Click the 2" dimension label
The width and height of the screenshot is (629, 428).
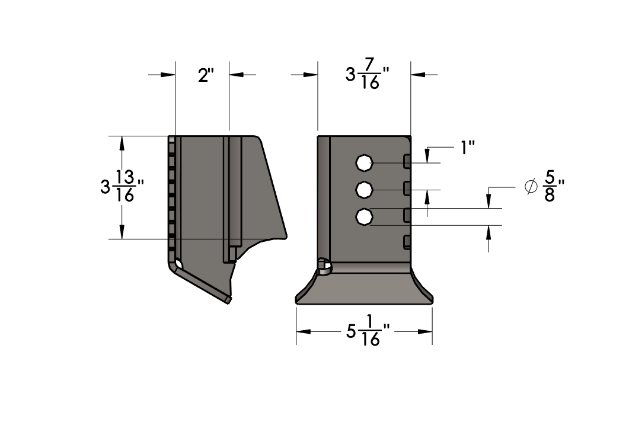click(x=205, y=75)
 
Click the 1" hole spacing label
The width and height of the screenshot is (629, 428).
click(x=470, y=148)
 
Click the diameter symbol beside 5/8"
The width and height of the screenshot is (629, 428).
click(x=531, y=187)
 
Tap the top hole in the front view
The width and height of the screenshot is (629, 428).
click(x=363, y=162)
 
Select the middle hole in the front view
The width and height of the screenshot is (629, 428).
click(x=363, y=190)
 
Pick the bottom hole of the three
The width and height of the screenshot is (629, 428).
click(x=363, y=218)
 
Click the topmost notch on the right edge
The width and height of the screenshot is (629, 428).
click(x=407, y=161)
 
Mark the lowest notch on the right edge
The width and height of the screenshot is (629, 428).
click(x=407, y=241)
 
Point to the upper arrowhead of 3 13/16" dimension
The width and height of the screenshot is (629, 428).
click(x=122, y=143)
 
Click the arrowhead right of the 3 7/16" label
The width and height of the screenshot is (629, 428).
click(x=418, y=75)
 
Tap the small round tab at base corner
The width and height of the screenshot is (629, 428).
click(x=324, y=267)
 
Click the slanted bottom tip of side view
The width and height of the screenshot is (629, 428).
click(x=228, y=300)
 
